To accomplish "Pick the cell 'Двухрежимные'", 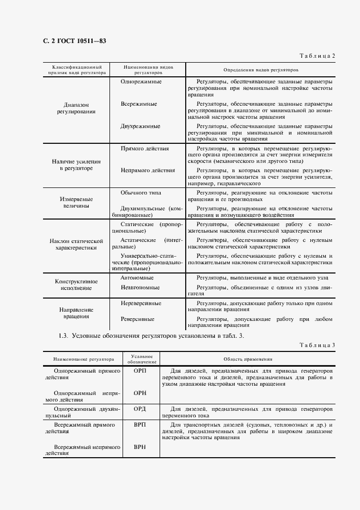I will pos(140,126).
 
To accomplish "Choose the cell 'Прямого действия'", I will pos(144,148).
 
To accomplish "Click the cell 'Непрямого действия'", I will pos(147,170).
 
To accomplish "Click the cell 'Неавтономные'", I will pos(140,287).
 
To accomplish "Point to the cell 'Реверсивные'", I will pos(137,319).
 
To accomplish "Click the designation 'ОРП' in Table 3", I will pos(140,371).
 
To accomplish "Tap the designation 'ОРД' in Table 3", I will pos(140,408).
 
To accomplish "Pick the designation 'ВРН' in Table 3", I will pos(140,446).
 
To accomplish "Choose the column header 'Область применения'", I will pos(248,360).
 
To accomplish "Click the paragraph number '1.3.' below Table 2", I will pos(63,336).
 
